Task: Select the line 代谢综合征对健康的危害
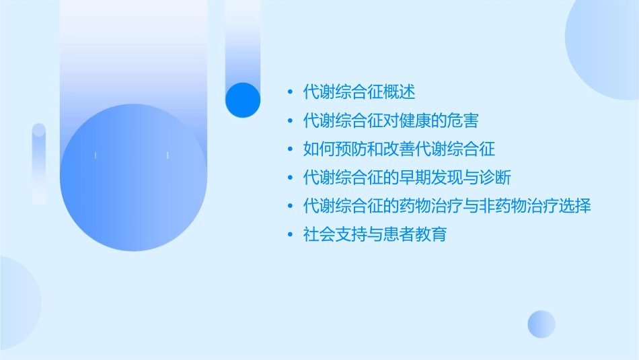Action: [x=391, y=120]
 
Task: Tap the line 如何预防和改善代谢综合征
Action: [x=399, y=149]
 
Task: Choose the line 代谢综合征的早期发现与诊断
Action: [x=407, y=178]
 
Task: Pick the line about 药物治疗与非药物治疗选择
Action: [x=447, y=206]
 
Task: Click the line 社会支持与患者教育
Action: [x=375, y=235]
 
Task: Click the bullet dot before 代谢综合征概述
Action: [x=290, y=92]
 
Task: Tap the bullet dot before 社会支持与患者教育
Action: [x=290, y=236]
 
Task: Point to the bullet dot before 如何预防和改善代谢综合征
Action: [x=290, y=149]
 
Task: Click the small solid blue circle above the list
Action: [x=243, y=100]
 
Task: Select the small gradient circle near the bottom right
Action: [x=541, y=324]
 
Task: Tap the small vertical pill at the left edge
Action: [x=39, y=164]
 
